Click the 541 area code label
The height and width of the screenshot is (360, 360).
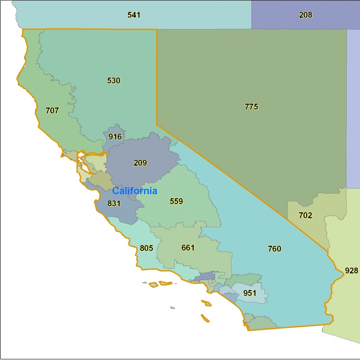[x=134, y=15]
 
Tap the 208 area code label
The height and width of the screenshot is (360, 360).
[x=306, y=15]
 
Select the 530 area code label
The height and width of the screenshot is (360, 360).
[x=114, y=81]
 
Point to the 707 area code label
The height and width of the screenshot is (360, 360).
[x=52, y=111]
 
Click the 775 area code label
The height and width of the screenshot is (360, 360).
[x=251, y=107]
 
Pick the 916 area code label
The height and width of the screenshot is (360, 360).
[x=115, y=137]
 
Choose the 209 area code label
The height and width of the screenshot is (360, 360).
[x=140, y=163]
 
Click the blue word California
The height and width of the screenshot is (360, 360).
[x=134, y=191]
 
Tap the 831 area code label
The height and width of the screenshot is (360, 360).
[x=114, y=203]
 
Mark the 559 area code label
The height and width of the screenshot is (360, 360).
[x=176, y=201]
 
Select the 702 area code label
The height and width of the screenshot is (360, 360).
[x=305, y=215]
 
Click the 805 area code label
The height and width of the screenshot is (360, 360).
[x=146, y=248]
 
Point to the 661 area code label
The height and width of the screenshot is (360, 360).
[x=188, y=247]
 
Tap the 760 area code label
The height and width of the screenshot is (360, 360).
[x=274, y=249]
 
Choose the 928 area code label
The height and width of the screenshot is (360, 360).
[x=352, y=270]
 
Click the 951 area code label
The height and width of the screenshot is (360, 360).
[x=250, y=293]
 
